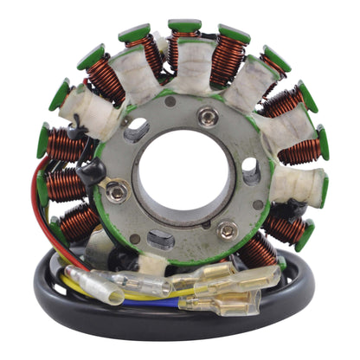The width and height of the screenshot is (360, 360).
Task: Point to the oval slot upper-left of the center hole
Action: click(x=136, y=131)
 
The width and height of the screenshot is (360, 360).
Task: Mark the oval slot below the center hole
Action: click(x=163, y=240)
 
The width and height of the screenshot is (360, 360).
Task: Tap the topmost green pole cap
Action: click(x=184, y=26)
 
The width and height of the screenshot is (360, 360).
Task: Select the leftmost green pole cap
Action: click(x=43, y=140)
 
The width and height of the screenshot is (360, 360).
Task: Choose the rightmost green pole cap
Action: click(x=323, y=142)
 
